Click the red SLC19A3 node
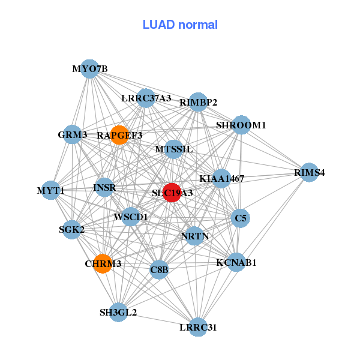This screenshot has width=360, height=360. pyautogui.click(x=172, y=193)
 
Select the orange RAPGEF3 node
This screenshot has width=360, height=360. pyautogui.click(x=120, y=135)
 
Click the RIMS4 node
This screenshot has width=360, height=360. pyautogui.click(x=309, y=173)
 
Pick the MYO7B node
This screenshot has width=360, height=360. pyautogui.click(x=89, y=68)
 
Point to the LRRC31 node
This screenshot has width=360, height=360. pyautogui.click(x=198, y=327)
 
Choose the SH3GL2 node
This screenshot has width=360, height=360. pyautogui.click(x=119, y=312)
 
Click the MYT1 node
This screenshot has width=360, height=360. pyautogui.click(x=51, y=191)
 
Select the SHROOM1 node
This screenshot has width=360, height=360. pyautogui.click(x=241, y=125)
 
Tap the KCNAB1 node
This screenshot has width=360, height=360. pyautogui.click(x=236, y=262)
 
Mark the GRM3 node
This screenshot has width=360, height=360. pyautogui.click(x=73, y=135)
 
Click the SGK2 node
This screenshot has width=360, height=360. pyautogui.click(x=72, y=229)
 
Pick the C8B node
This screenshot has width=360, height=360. pyautogui.click(x=159, y=270)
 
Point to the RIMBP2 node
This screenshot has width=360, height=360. pyautogui.click(x=198, y=102)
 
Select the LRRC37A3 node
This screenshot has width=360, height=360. pyautogui.click(x=146, y=98)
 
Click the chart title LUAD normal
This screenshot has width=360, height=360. pyautogui.click(x=180, y=25)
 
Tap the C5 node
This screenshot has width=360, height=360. pyautogui.click(x=241, y=218)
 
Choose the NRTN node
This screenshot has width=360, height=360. pyautogui.click(x=195, y=236)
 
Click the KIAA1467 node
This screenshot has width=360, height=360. pyautogui.click(x=221, y=178)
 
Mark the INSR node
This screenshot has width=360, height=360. pyautogui.click(x=104, y=187)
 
